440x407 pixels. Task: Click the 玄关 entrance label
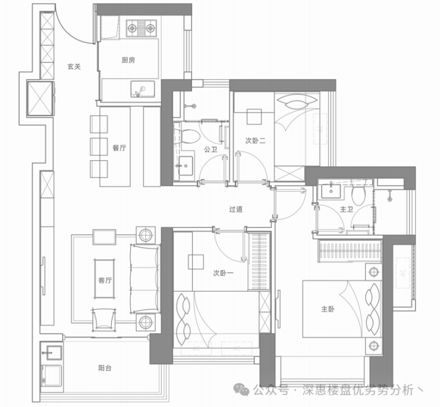74,67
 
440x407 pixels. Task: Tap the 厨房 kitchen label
128,60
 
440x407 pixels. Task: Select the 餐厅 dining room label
119,148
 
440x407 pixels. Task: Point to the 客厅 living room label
105,281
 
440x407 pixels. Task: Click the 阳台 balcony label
105,368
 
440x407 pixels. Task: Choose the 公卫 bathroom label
210,149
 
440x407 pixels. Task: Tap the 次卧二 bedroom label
255,141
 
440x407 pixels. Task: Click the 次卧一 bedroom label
222,274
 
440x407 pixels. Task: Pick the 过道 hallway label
236,209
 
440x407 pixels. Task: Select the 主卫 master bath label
346,209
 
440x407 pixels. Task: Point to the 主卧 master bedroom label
328,309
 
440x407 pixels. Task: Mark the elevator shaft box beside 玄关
41,98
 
